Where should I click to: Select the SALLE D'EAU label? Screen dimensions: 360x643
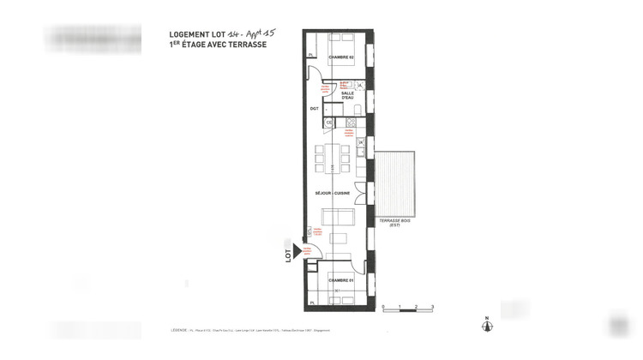(348, 96)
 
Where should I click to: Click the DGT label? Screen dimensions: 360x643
(314, 110)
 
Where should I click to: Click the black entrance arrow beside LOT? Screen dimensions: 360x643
(300, 250)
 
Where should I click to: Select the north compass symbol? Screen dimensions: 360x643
(486, 325)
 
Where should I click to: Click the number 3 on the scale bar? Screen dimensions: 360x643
(433, 306)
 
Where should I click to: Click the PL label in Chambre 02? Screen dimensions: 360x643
(312, 56)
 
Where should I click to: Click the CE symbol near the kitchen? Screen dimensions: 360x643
(329, 123)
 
